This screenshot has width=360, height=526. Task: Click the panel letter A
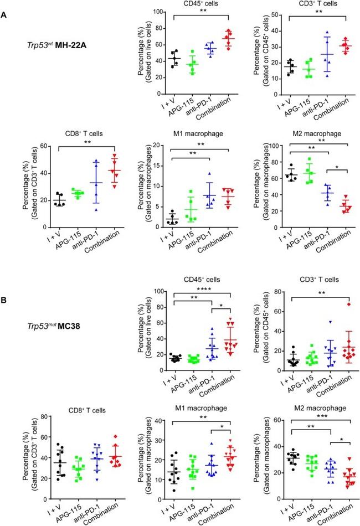[4, 17]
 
